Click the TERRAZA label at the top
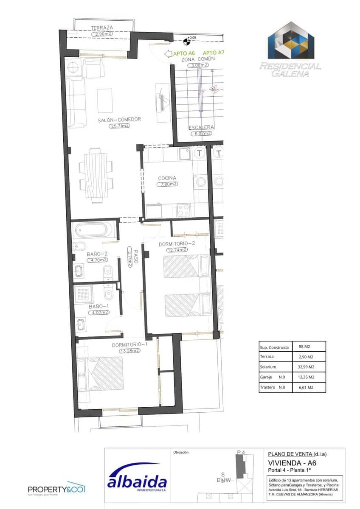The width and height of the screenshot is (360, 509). pos(102,28)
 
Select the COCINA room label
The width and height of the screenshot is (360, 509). pos(167,178)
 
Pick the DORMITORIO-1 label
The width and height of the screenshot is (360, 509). pos(129,344)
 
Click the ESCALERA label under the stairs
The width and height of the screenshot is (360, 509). pos(201,127)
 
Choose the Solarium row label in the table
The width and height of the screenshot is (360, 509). pos(268,367)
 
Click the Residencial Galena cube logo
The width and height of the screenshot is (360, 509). pos(291,42)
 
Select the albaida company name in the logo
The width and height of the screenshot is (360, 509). pos(137,482)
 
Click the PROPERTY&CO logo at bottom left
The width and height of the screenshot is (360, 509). pos(56,489)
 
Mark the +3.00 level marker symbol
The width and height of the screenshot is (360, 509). pos(186,42)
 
